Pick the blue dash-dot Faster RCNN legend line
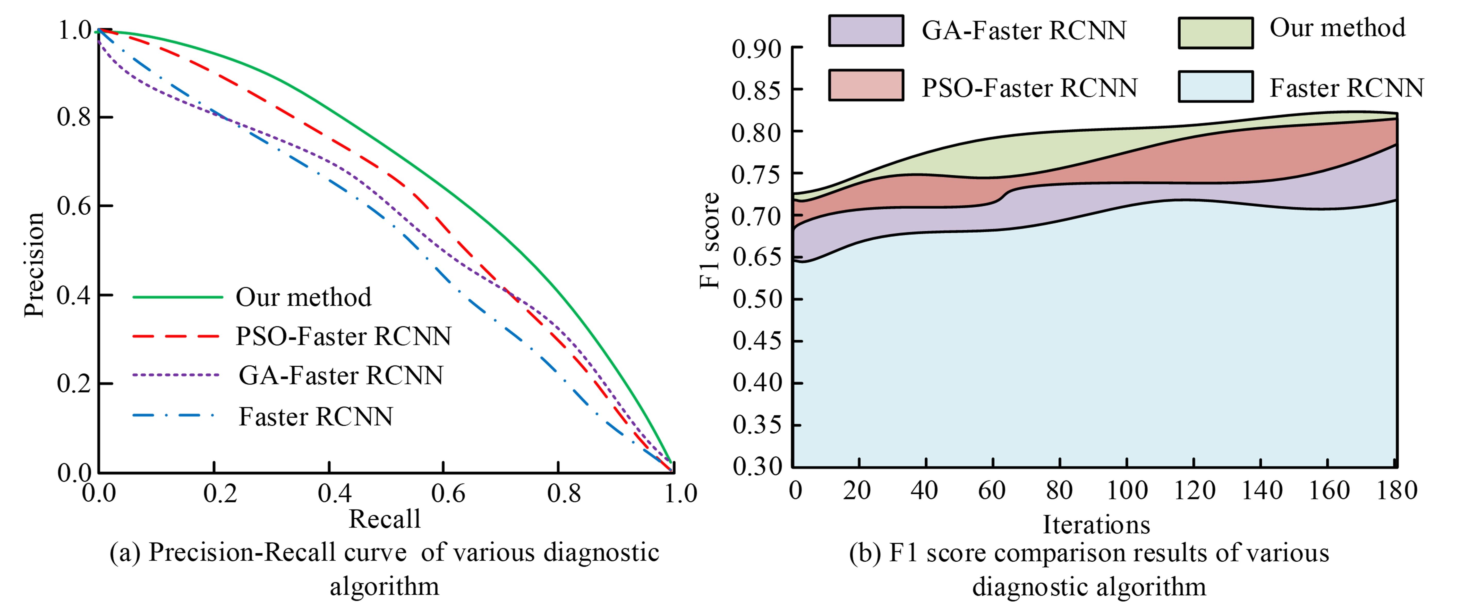[173, 416]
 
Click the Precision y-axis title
[34, 265]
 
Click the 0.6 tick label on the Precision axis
[74, 206]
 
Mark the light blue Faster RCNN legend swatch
[1215, 87]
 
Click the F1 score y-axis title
[709, 241]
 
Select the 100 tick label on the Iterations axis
[1127, 490]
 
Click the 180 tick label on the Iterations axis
[1396, 490]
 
